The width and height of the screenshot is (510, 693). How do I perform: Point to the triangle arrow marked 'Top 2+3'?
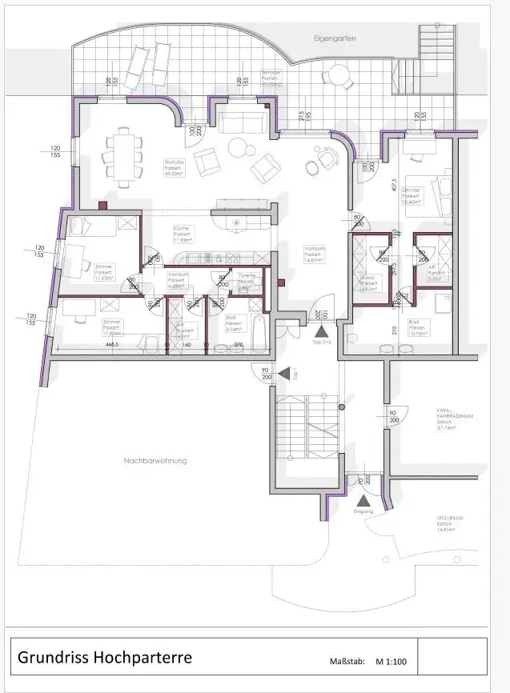[321, 330]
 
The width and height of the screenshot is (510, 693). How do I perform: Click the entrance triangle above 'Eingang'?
[355, 499]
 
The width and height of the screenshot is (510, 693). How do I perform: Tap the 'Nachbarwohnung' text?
[155, 460]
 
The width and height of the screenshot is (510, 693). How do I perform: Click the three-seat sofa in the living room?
[243, 122]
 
